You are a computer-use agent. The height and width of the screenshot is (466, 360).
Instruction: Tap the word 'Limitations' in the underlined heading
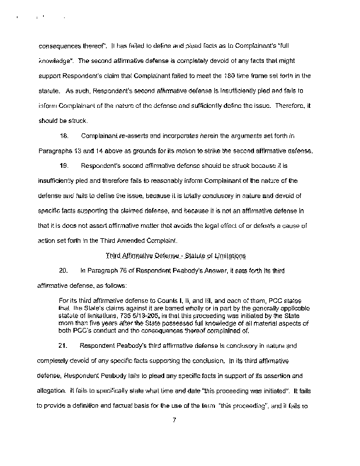pos(227,256)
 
